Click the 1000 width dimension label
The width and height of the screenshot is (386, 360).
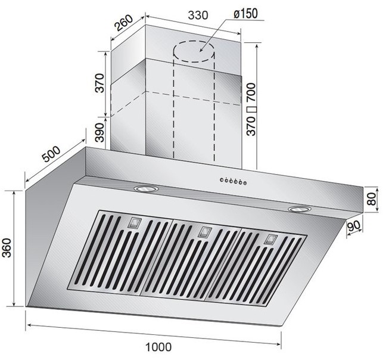(x=158, y=347)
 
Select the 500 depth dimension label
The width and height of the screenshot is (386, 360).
(x=51, y=154)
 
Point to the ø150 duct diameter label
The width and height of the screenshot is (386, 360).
(x=245, y=14)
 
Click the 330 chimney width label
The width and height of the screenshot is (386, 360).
(x=198, y=15)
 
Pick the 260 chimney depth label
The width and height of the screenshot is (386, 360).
(x=124, y=23)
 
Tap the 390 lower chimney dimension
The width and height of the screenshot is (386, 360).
(x=99, y=132)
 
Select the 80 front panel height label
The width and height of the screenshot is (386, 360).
(x=371, y=199)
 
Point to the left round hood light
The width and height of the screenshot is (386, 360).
(x=146, y=189)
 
